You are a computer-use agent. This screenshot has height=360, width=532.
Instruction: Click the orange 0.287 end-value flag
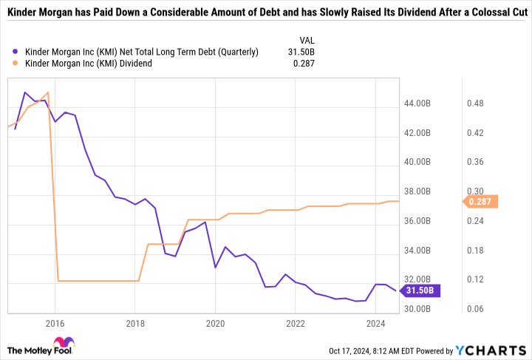pyautogui.click(x=481, y=201)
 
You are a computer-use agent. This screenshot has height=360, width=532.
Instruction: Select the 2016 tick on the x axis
pyautogui.click(x=53, y=323)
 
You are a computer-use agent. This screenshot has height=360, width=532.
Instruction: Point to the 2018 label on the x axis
pyautogui.click(x=134, y=323)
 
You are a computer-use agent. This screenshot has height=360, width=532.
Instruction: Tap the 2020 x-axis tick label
pyautogui.click(x=215, y=323)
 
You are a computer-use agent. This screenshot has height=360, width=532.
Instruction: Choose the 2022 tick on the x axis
pyautogui.click(x=296, y=323)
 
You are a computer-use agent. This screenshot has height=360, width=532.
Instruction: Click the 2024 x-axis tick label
pyautogui.click(x=376, y=323)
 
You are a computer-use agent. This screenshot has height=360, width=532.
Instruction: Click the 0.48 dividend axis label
pyautogui.click(x=474, y=103)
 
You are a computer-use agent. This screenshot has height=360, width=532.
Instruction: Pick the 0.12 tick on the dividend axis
pyautogui.click(x=474, y=279)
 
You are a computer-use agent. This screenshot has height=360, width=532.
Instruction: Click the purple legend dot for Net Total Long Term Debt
pyautogui.click(x=16, y=52)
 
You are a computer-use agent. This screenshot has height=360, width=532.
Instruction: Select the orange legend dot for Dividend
pyautogui.click(x=16, y=64)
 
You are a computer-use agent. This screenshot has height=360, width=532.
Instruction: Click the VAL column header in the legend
pyautogui.click(x=307, y=40)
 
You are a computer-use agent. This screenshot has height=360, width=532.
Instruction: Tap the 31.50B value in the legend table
pyautogui.click(x=304, y=52)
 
